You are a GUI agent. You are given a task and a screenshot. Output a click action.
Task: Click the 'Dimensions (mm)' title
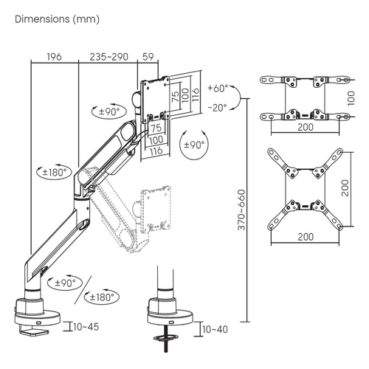coord(57,19)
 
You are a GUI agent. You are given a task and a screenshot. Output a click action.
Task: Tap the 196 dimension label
coord(54,57)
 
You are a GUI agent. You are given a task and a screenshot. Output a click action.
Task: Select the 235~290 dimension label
coord(108,57)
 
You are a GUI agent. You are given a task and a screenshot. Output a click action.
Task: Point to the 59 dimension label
coord(148,57)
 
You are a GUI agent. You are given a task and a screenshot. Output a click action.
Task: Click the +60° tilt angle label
coord(218,88)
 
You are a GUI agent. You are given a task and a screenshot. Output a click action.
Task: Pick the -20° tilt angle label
coord(217,108)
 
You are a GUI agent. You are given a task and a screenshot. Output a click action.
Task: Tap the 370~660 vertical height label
coord(241,210)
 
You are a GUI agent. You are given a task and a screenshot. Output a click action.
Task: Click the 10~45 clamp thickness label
coord(86,327)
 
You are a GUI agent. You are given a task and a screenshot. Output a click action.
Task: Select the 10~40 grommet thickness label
coord(215,329)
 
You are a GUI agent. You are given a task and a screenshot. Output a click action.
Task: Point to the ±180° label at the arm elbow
coord(55,172)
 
